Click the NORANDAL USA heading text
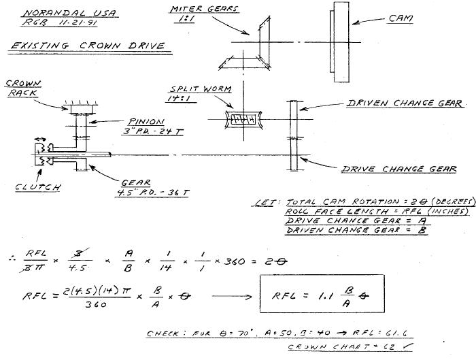click(x=50, y=13)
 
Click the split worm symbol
click(x=242, y=119)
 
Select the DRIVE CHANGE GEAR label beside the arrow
click(x=398, y=169)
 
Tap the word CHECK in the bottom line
click(x=167, y=333)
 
